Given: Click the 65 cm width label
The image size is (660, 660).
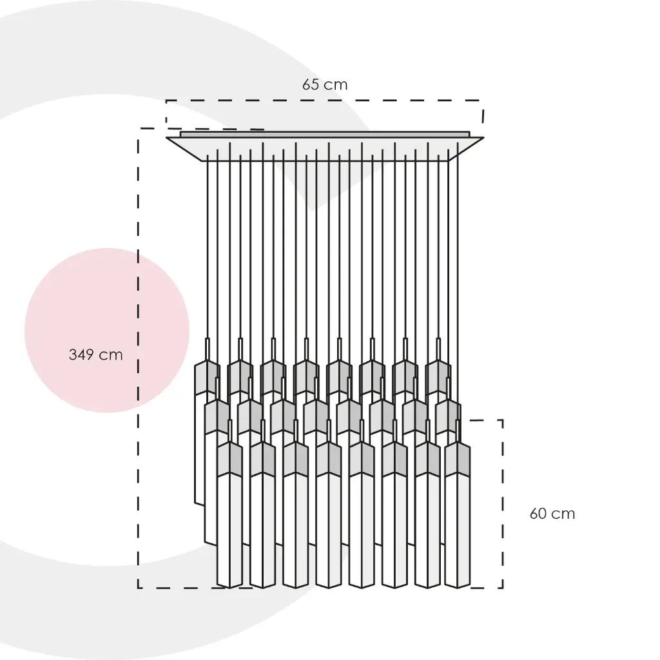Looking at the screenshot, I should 325,84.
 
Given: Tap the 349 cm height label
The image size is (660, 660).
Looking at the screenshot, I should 95,354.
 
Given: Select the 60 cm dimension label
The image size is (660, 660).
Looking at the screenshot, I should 552,514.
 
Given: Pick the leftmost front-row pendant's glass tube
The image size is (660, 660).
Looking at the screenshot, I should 229,529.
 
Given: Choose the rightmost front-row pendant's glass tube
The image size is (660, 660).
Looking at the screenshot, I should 457,529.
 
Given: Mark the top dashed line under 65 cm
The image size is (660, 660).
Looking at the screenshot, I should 322,101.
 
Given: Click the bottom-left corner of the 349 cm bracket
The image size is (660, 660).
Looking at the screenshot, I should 139,587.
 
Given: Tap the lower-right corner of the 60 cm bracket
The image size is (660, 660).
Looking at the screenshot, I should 502,587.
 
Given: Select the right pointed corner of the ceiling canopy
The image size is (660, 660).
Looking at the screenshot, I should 482,137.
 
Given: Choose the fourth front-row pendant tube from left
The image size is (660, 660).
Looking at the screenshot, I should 328,529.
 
